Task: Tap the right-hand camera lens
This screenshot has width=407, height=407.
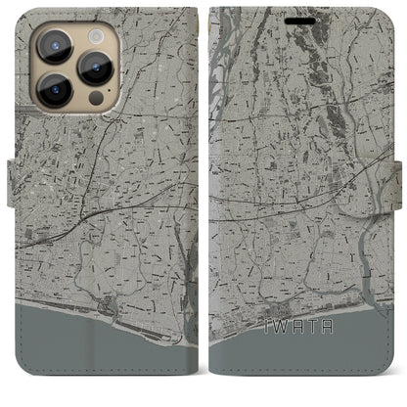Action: tap(96, 67)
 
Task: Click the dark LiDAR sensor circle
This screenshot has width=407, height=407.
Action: tap(95, 99)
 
